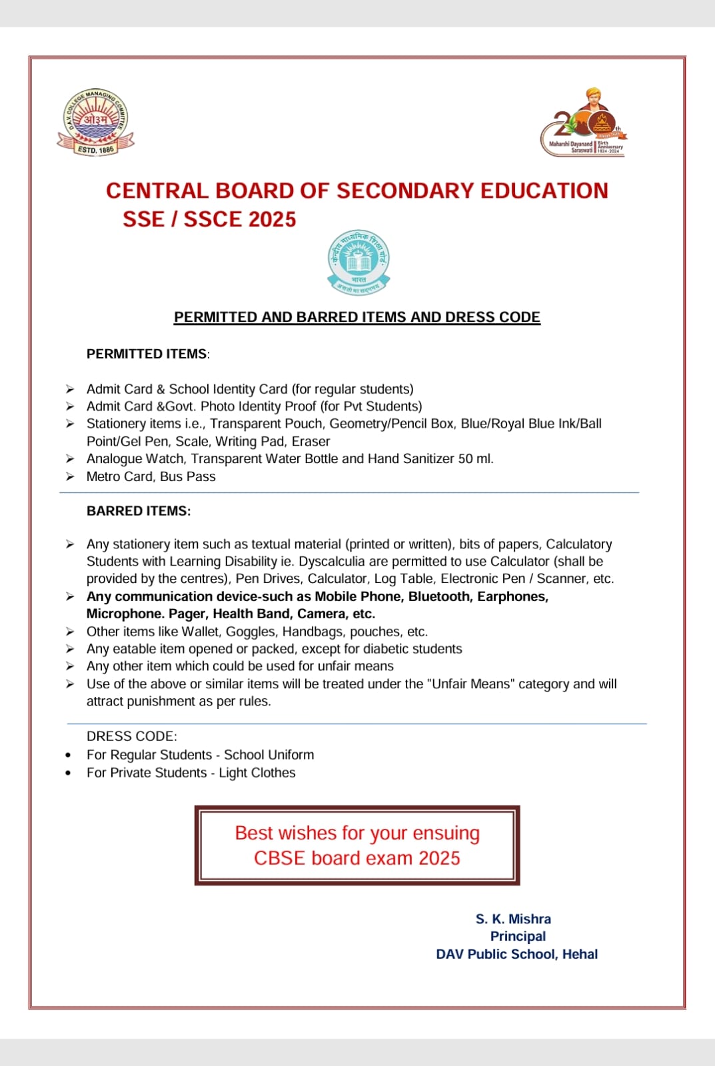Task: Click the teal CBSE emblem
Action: (x=358, y=262)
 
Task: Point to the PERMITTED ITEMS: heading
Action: (x=147, y=354)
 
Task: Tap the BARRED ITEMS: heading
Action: (x=139, y=511)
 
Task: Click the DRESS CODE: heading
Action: (x=132, y=736)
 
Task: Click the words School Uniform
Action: (x=269, y=755)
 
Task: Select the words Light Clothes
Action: (x=257, y=773)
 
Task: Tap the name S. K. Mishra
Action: (x=513, y=919)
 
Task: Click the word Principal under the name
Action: (x=518, y=936)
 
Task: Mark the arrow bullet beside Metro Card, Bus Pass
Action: (x=70, y=476)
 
